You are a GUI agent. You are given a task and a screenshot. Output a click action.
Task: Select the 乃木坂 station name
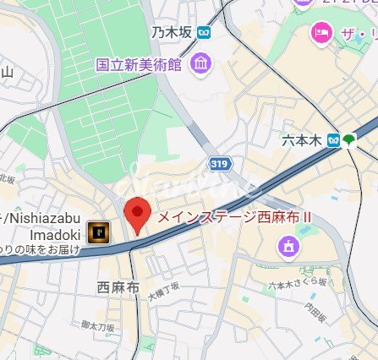point(171,33)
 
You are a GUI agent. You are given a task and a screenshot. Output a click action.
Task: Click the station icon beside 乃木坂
point(203,33)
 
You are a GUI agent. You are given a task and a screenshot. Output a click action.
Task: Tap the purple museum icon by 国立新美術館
point(200,63)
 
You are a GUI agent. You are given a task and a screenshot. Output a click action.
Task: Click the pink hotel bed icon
point(321,33)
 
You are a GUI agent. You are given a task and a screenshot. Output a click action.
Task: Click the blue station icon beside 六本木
point(335,139)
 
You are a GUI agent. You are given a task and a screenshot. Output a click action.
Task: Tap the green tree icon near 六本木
point(350,139)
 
